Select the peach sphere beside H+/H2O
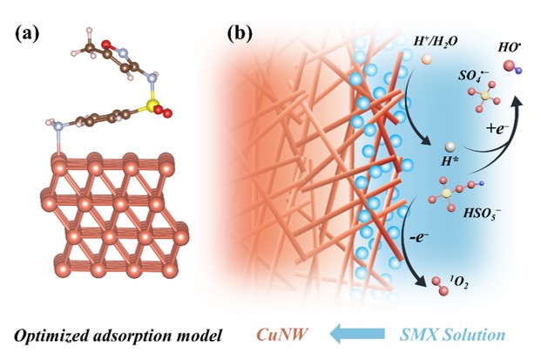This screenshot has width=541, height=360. [x=426, y=60]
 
